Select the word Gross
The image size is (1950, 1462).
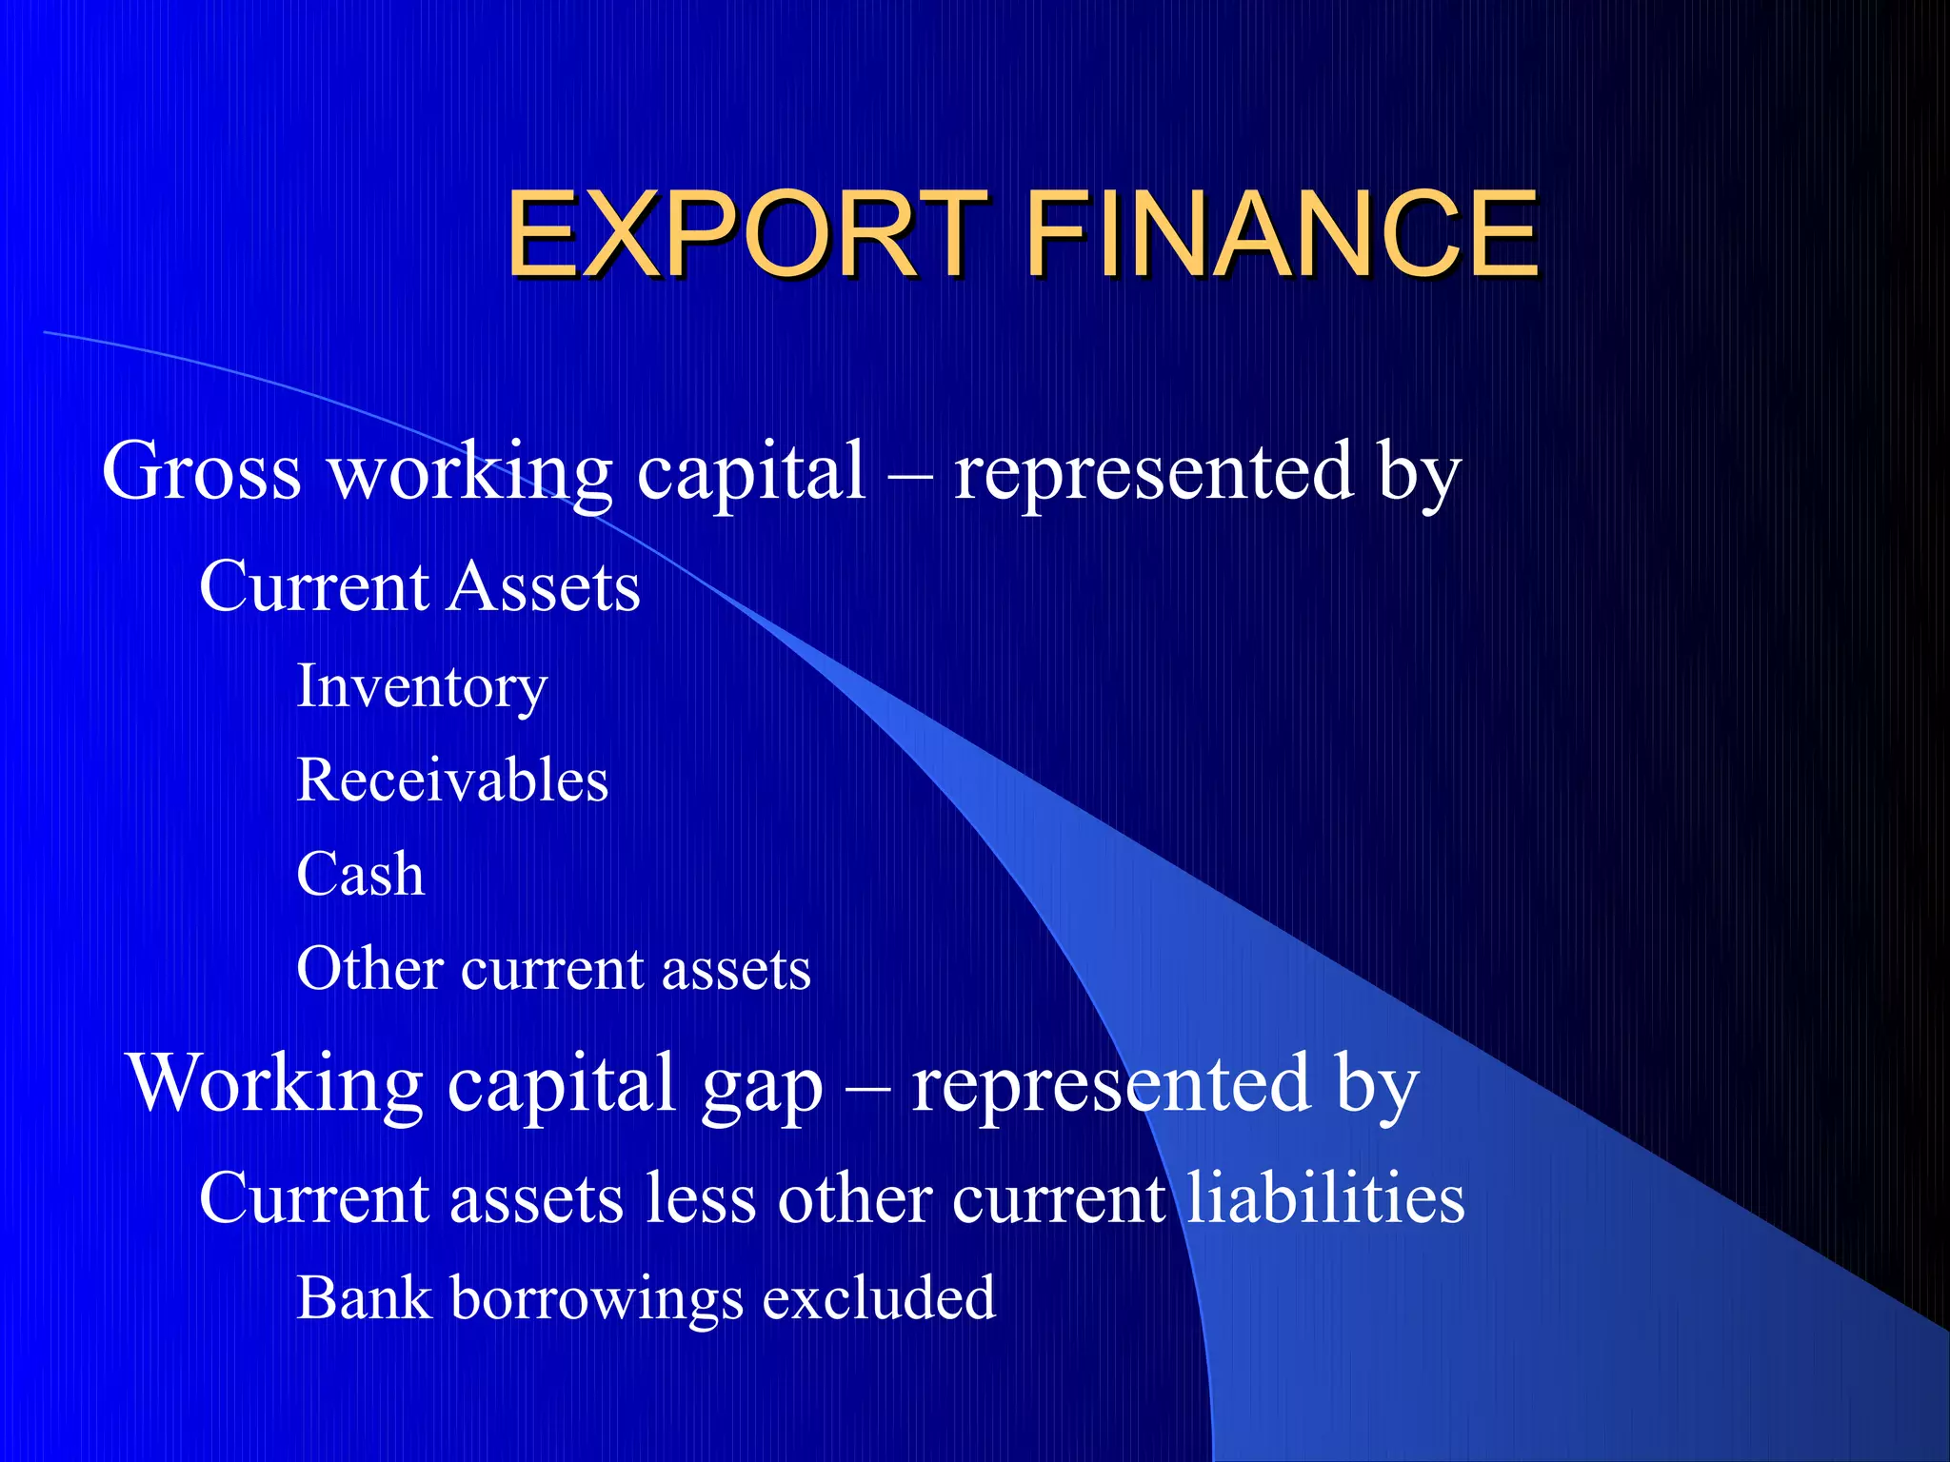point(201,470)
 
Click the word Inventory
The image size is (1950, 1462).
point(422,686)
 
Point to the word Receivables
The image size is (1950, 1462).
point(452,780)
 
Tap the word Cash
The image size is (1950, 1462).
point(360,874)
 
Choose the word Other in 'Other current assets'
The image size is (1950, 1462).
point(369,969)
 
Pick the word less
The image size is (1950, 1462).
point(701,1197)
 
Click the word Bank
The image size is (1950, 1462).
point(363,1297)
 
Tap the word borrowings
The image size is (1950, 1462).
point(596,1299)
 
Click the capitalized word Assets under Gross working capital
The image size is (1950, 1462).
point(544,586)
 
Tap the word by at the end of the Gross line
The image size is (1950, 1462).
point(1419,472)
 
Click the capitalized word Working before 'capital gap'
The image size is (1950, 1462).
point(275,1085)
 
